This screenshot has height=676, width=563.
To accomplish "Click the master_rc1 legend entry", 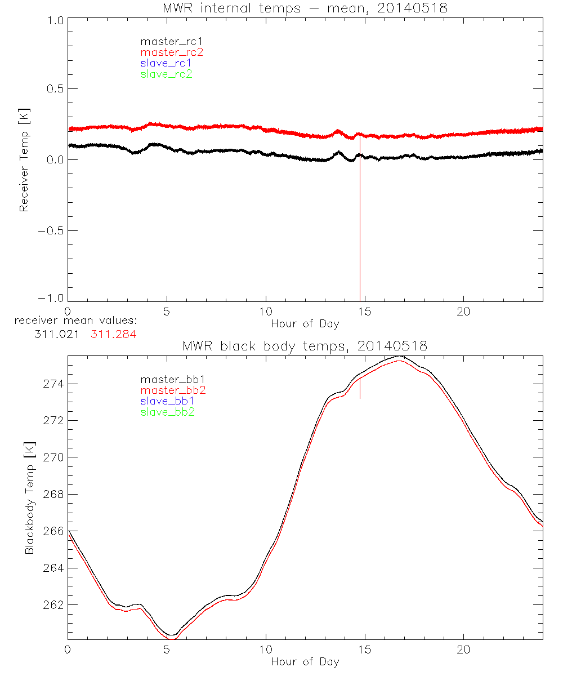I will [x=166, y=41].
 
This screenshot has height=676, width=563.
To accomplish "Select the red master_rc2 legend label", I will [x=172, y=52].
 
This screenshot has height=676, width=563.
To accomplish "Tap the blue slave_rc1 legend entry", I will [x=166, y=63].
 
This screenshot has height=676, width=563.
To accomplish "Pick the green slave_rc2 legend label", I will [x=166, y=74].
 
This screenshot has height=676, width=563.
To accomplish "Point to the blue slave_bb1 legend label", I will [x=168, y=401].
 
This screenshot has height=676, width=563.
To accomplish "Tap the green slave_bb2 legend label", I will [x=168, y=412].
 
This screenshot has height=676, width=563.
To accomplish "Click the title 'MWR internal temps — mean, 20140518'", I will [x=305, y=8].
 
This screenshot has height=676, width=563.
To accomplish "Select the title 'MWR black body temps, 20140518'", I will [x=305, y=346].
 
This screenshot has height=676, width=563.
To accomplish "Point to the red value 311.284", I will [x=114, y=334].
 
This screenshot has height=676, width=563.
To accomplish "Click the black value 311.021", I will [x=56, y=334].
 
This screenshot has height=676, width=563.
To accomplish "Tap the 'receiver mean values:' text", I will [x=76, y=321].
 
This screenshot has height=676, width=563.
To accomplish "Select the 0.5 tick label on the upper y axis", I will [x=53, y=89].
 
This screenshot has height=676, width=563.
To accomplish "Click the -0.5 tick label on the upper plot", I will [x=50, y=230].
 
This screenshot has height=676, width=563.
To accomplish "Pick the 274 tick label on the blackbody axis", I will [x=53, y=384].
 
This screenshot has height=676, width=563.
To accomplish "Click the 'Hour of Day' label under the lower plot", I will [x=305, y=661].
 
